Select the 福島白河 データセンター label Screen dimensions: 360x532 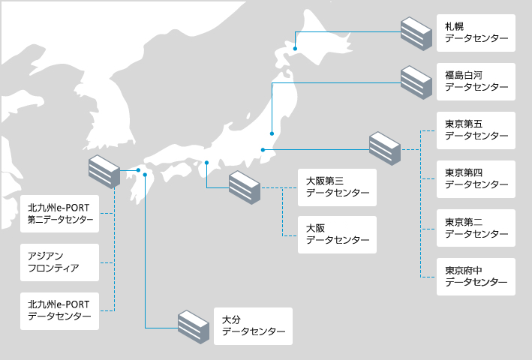[476, 82]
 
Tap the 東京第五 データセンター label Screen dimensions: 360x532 [476, 130]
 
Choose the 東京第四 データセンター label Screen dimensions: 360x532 [476, 179]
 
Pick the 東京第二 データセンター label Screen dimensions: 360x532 [476, 228]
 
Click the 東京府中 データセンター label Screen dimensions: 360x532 [476, 277]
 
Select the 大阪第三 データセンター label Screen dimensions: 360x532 [337, 187]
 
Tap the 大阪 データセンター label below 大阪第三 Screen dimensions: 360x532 [337, 234]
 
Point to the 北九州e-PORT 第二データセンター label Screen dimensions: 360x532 [60, 214]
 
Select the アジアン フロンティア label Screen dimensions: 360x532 [60, 262]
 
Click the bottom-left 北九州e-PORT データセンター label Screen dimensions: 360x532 [60, 310]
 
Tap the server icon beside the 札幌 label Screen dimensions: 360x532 [416, 33]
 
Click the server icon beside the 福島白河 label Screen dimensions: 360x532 [416, 82]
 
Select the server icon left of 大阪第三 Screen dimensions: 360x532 [245, 187]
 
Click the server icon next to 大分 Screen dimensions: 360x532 [193, 326]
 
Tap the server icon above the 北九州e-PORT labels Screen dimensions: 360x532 [104, 172]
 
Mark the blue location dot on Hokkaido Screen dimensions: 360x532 [296, 49]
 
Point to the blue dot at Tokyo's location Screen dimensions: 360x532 [263, 150]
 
